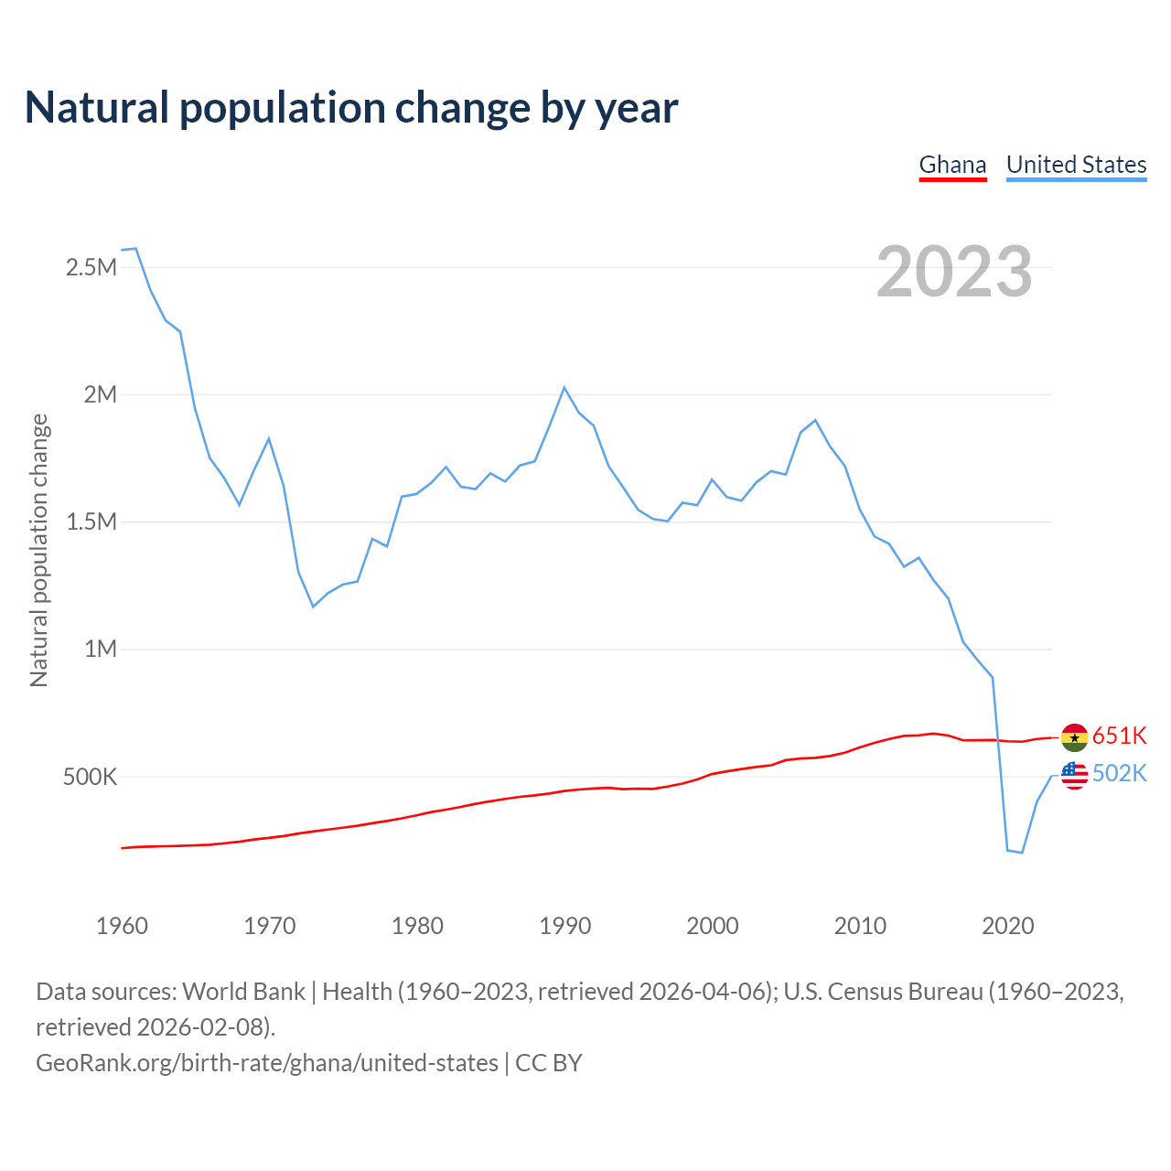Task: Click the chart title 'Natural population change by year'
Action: [x=351, y=108]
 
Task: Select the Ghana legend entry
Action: [x=952, y=166]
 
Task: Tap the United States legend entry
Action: [x=1076, y=166]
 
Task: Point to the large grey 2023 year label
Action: [x=954, y=272]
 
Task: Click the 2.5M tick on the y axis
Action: [x=91, y=268]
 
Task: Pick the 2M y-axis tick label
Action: [x=101, y=395]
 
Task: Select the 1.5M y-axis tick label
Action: [x=91, y=522]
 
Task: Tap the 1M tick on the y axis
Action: [x=101, y=650]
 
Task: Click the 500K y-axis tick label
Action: [x=90, y=778]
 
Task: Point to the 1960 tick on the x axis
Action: [x=122, y=926]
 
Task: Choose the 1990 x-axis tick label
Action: [x=564, y=926]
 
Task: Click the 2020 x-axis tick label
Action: [x=1007, y=926]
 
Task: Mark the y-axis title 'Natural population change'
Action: [x=38, y=550]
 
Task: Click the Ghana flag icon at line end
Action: [x=1074, y=736]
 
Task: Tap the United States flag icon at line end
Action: [x=1074, y=775]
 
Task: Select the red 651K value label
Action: [x=1120, y=736]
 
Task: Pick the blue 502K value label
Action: [x=1120, y=774]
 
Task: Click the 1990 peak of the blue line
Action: [x=564, y=388]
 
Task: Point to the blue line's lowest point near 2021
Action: [x=1022, y=853]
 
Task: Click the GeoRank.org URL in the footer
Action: [x=267, y=1063]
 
